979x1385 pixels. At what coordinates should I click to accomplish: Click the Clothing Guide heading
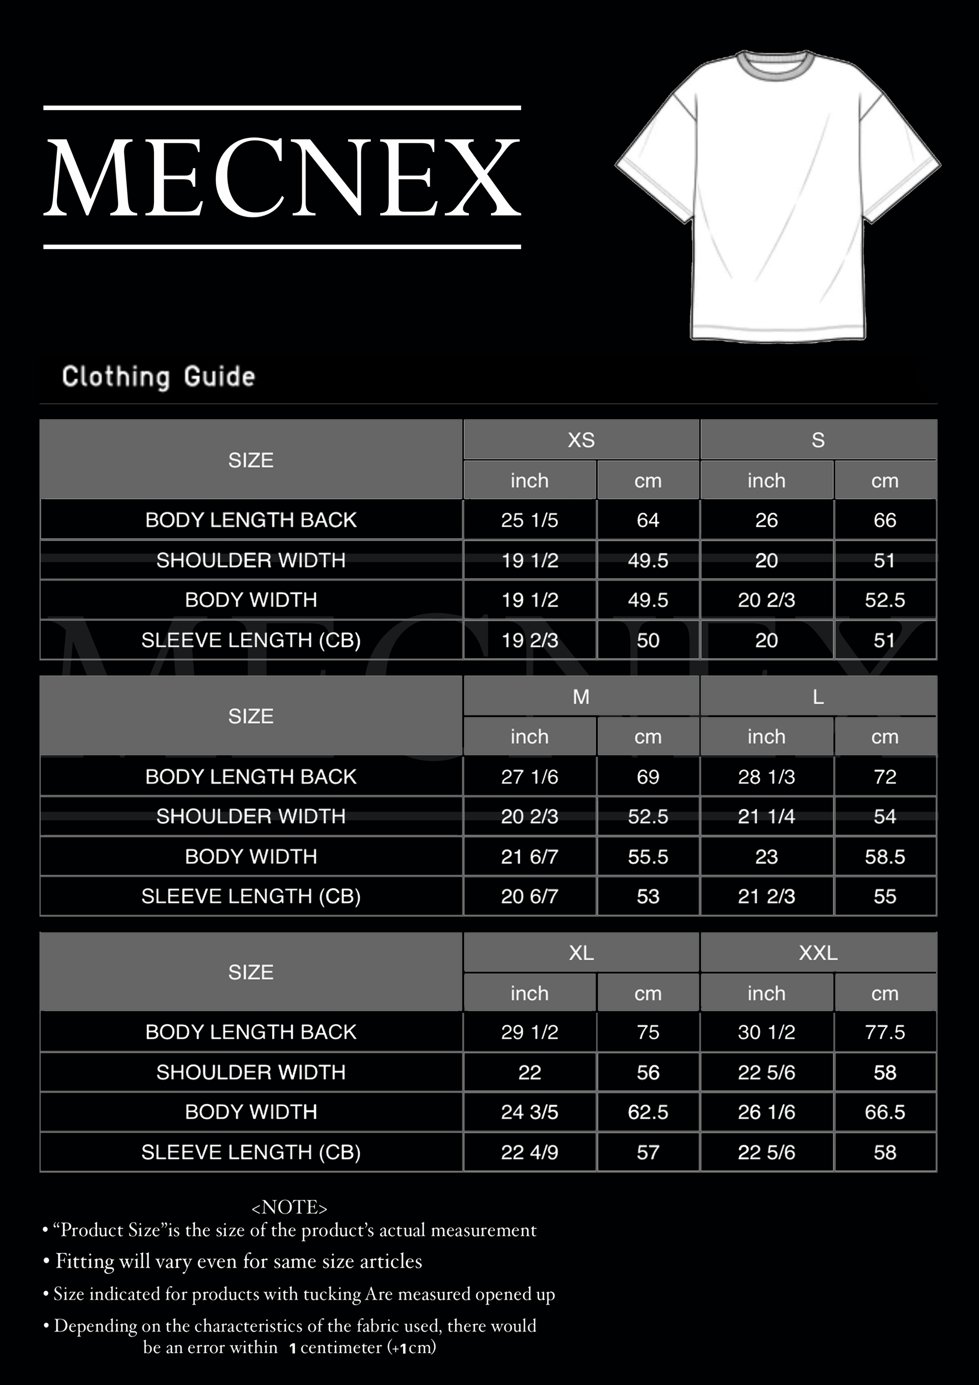pyautogui.click(x=158, y=376)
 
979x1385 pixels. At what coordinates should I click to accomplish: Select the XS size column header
pyautogui.click(x=581, y=440)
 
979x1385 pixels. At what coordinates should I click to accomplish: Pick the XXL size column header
pyautogui.click(x=818, y=952)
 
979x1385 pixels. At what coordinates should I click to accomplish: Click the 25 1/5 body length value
pyautogui.click(x=529, y=520)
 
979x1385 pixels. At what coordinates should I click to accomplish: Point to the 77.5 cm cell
pyautogui.click(x=884, y=1032)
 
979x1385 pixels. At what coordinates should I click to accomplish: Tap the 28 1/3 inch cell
pyautogui.click(x=766, y=776)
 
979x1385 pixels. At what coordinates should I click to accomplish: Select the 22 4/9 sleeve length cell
pyautogui.click(x=529, y=1152)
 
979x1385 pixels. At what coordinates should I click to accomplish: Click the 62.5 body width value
pyautogui.click(x=648, y=1112)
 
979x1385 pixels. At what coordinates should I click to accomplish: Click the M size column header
pyautogui.click(x=581, y=697)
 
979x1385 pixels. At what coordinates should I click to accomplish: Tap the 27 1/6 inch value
pyautogui.click(x=529, y=776)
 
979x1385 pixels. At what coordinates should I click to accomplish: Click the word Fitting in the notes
pyautogui.click(x=85, y=1261)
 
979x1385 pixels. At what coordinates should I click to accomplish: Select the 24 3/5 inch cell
pyautogui.click(x=529, y=1112)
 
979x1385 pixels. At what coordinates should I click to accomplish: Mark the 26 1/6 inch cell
pyautogui.click(x=766, y=1112)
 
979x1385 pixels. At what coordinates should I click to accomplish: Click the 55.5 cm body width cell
pyautogui.click(x=648, y=857)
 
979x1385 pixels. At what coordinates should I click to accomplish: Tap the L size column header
pyautogui.click(x=818, y=697)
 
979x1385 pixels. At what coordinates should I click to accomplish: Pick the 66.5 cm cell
pyautogui.click(x=884, y=1112)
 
